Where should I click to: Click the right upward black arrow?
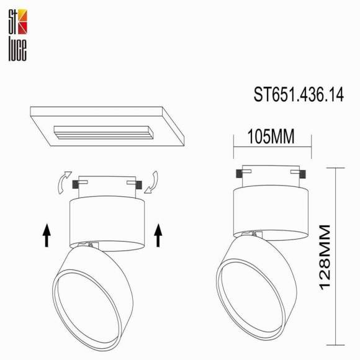[x=158, y=235]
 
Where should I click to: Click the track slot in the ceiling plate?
[x=102, y=132]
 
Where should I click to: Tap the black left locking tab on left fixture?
[x=76, y=184]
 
